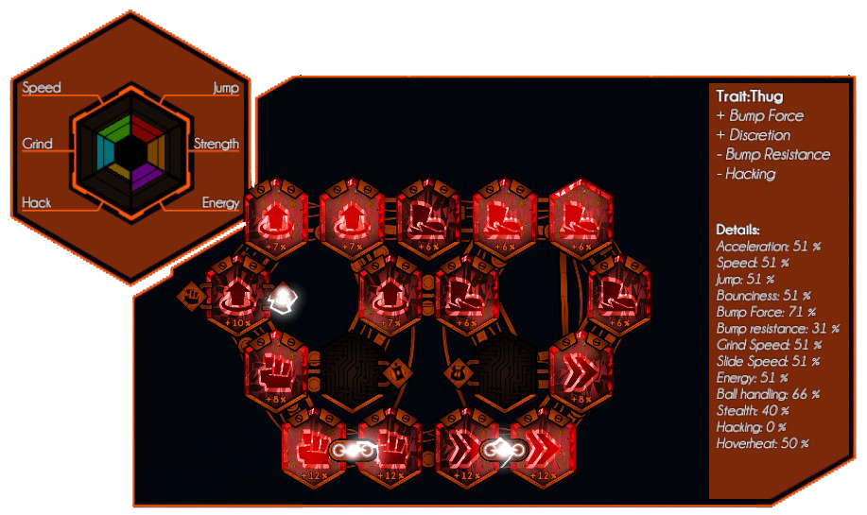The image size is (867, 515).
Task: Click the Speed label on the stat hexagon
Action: (42, 88)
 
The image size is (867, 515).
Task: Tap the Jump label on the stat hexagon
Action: (226, 88)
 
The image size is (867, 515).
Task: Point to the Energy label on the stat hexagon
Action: (220, 202)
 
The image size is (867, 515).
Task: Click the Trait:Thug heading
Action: (750, 96)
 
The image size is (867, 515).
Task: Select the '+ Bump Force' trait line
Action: (760, 115)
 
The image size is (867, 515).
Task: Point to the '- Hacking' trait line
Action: (746, 173)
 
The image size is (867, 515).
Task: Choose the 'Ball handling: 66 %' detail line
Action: (768, 393)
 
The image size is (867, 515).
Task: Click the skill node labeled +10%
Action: (233, 295)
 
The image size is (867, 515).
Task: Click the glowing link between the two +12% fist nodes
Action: (353, 452)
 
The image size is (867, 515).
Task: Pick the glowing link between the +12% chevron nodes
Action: (498, 452)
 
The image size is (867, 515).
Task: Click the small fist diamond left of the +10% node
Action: (192, 295)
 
